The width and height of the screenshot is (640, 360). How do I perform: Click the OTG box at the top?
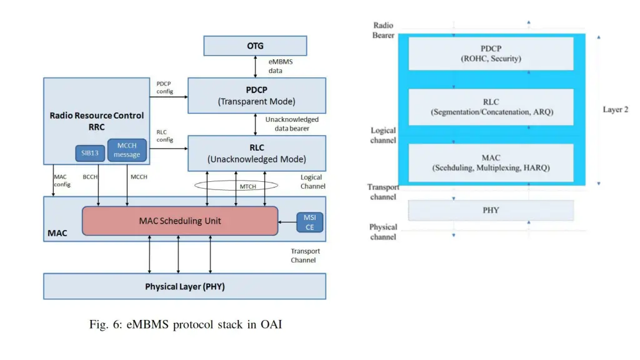(x=255, y=46)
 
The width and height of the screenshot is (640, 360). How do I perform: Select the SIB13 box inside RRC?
(x=89, y=152)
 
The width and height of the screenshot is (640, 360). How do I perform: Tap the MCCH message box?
(x=127, y=150)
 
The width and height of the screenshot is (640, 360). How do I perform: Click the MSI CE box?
(x=309, y=222)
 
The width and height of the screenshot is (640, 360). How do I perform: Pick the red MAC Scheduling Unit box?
(x=179, y=221)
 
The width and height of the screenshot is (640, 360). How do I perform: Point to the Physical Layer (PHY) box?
(x=184, y=286)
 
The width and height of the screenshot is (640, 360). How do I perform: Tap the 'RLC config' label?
(x=164, y=136)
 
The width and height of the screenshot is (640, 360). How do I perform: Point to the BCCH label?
(x=91, y=177)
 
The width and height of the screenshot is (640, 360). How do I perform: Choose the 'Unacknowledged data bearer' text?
(x=291, y=124)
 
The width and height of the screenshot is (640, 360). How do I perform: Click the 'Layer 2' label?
(x=615, y=109)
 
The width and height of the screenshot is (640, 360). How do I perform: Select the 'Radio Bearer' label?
(x=383, y=31)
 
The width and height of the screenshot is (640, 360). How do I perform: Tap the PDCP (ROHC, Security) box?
(x=491, y=54)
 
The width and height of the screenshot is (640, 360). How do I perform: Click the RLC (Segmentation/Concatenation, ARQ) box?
(x=491, y=107)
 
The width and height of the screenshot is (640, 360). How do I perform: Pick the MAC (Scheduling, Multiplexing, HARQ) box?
(x=491, y=162)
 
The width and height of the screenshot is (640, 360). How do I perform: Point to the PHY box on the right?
(x=491, y=210)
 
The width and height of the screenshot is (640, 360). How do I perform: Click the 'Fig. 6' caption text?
(x=186, y=324)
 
